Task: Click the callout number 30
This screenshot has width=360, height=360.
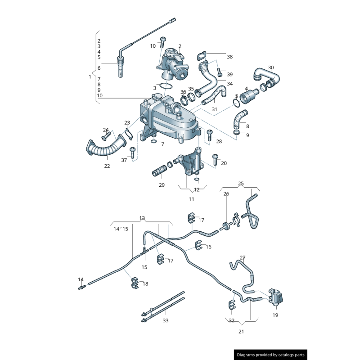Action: click(x=270, y=68)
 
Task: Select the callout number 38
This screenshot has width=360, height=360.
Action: click(x=229, y=57)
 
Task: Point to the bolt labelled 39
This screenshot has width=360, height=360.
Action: click(x=219, y=72)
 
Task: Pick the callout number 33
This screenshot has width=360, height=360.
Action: click(x=166, y=320)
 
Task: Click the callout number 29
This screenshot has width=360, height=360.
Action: click(x=162, y=185)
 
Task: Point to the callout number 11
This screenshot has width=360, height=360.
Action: click(x=191, y=199)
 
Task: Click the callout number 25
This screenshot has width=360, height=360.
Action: click(x=241, y=184)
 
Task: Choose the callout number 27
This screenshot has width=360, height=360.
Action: click(x=243, y=258)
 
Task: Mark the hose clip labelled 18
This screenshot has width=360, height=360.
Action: click(x=135, y=283)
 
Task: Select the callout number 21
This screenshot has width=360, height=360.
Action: click(x=241, y=332)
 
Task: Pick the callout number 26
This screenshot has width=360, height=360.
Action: click(x=226, y=194)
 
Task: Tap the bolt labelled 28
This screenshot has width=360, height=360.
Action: click(x=210, y=134)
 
